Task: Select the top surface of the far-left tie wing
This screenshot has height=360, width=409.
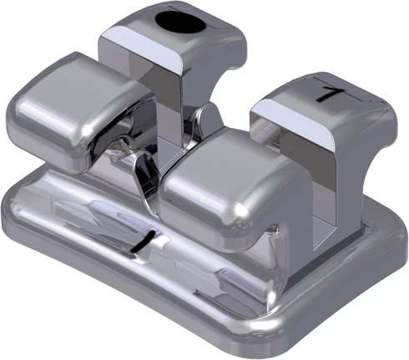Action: (79, 79)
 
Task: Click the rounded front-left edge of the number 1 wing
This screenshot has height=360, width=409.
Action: (259, 109)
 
